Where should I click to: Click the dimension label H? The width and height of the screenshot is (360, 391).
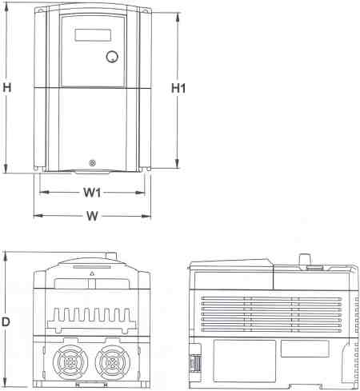6,90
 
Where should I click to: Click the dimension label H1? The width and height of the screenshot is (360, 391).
178,89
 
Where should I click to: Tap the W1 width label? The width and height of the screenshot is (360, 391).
92,193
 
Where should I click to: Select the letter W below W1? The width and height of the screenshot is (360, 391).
93,216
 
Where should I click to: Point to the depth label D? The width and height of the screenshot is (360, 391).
6,321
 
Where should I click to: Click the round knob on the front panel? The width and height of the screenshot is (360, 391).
112,58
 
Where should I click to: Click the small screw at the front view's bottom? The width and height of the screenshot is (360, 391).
93,163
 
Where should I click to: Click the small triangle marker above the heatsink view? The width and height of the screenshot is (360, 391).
93,274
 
